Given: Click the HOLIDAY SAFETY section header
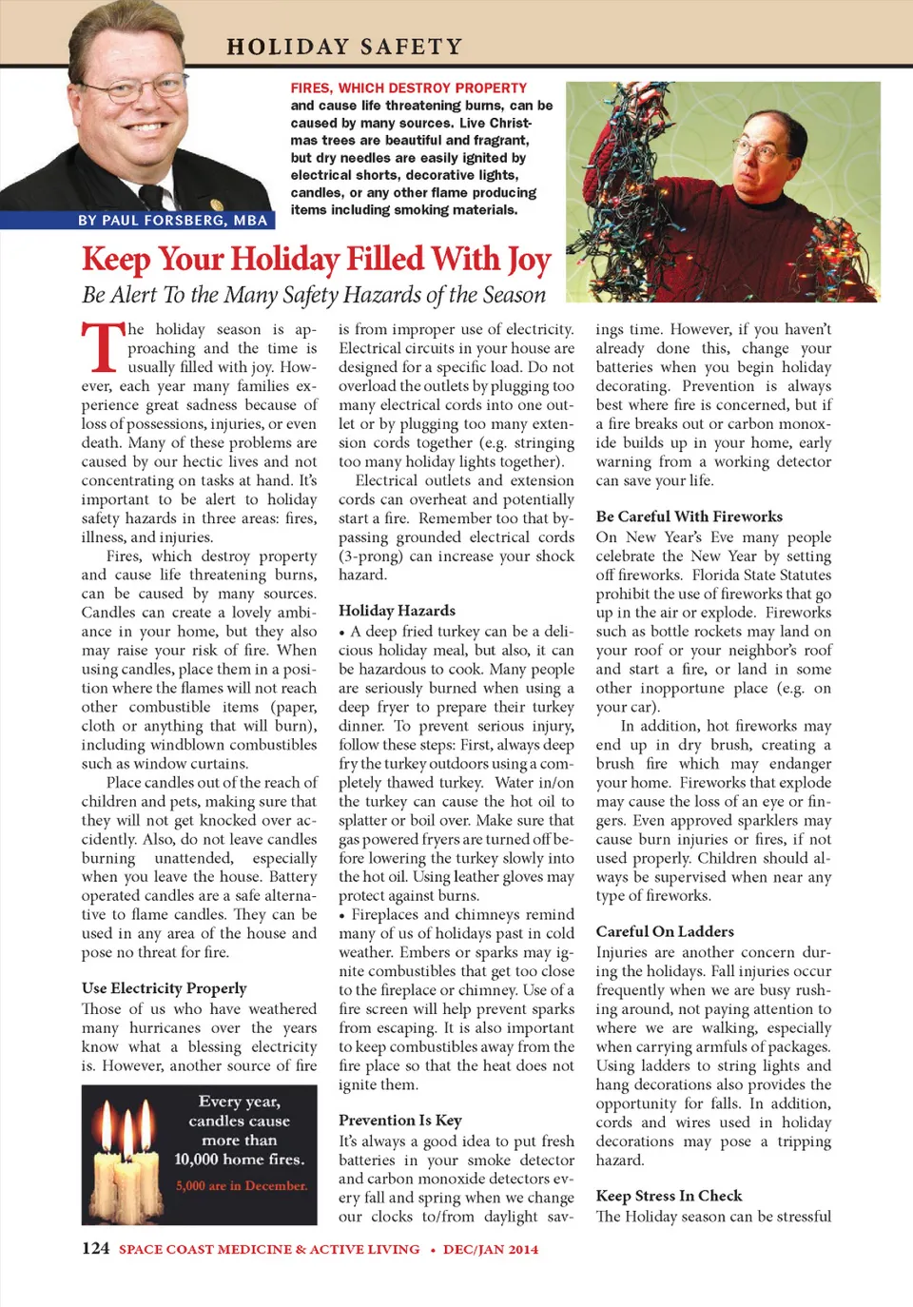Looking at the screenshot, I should (344, 46).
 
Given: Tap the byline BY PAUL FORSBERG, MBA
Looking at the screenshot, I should (172, 220).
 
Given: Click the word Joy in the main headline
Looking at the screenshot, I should (529, 260).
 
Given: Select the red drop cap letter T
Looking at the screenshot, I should (103, 346).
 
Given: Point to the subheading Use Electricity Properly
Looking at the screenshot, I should (164, 988).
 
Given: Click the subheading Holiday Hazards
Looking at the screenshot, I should (397, 611).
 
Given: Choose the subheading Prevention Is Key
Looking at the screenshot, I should (399, 1121).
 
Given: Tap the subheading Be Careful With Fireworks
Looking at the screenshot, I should (689, 517).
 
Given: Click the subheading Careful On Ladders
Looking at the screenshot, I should (665, 931).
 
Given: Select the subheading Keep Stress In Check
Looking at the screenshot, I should (669, 1196).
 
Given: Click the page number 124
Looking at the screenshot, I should (95, 1248).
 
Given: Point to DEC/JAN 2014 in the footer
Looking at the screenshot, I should (491, 1249).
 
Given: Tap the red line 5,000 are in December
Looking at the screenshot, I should (241, 1186).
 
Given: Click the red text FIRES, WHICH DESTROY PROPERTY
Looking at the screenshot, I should (409, 88).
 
